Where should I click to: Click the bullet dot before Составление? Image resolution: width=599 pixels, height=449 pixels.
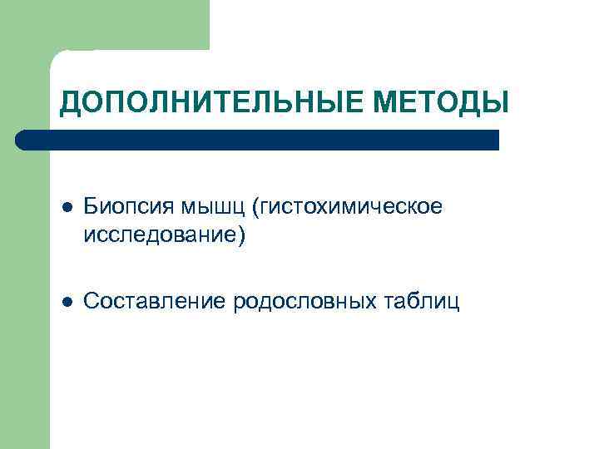point(67,299)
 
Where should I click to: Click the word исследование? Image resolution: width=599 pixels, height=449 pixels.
point(159,235)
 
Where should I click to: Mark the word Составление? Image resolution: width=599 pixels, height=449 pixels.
point(155,299)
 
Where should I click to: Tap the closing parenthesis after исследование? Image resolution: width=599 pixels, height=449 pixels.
point(241,236)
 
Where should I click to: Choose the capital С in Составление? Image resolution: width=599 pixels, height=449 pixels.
point(92,299)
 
